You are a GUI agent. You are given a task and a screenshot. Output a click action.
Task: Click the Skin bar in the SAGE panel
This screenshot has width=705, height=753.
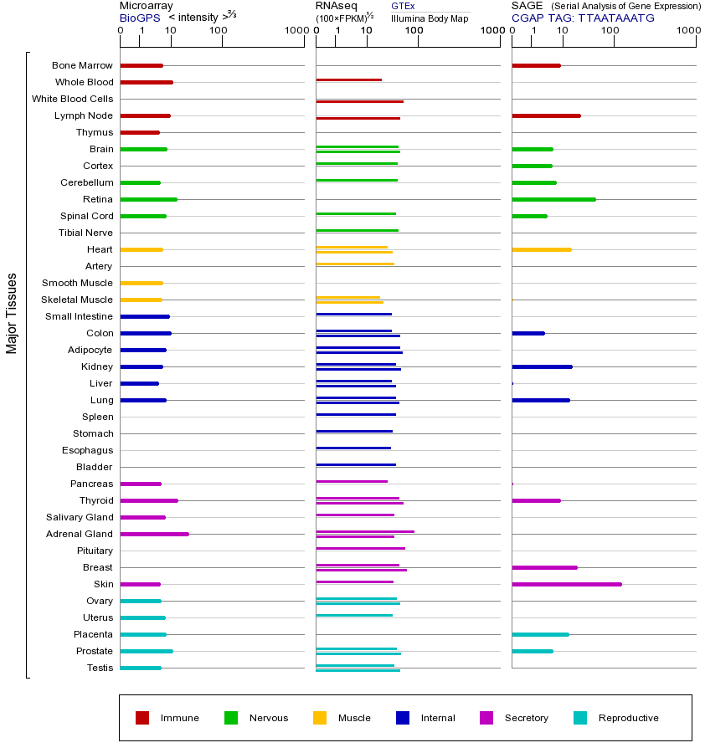tap(566, 584)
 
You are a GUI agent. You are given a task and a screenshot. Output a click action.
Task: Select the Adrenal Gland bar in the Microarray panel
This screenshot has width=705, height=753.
tap(154, 534)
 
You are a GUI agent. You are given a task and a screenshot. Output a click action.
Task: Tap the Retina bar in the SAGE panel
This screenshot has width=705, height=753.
tap(553, 199)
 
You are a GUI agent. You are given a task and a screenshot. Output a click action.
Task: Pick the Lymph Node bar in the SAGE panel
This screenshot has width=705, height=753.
tap(546, 115)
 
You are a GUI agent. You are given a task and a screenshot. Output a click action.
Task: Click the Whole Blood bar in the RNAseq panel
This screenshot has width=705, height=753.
tap(348, 80)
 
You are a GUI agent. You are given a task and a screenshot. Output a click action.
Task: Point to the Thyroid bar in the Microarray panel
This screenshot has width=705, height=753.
tap(149, 500)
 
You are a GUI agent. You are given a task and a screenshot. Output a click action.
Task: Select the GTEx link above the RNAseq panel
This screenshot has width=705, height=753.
tap(403, 6)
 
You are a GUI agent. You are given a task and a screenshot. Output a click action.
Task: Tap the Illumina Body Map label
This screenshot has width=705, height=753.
tap(430, 18)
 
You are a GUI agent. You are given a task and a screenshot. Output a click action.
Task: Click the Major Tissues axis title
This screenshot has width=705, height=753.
tap(12, 313)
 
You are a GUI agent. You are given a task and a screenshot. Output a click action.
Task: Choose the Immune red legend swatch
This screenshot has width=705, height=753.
tap(142, 718)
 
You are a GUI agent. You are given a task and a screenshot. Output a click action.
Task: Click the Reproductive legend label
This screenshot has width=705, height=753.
tap(628, 718)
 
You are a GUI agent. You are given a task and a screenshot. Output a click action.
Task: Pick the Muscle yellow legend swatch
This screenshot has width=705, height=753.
tap(320, 718)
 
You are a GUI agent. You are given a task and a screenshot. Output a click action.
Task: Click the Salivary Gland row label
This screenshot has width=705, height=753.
tap(81, 517)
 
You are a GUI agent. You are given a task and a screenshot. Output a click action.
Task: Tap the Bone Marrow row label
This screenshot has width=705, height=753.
tap(82, 65)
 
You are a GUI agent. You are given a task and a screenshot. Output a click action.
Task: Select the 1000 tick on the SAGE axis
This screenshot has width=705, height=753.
tap(687, 30)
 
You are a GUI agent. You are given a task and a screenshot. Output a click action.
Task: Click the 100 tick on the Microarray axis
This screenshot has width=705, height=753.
tap(218, 30)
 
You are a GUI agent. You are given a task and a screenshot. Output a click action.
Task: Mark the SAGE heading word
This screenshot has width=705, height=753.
tap(527, 6)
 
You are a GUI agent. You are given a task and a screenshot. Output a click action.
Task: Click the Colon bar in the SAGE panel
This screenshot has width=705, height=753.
tap(527, 333)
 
